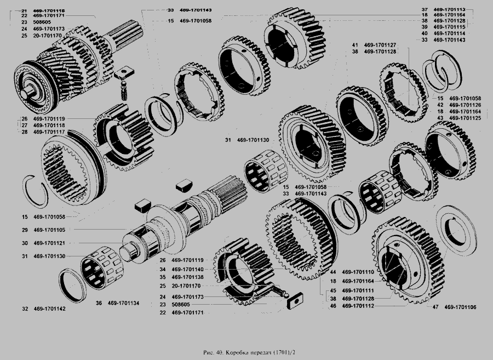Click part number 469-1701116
49,11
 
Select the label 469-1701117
49,132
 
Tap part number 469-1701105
49,230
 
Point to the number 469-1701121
49,243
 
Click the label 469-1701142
50,308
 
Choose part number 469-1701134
124,303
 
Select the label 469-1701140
187,270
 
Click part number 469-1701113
449,9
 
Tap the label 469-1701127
380,45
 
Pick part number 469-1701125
465,118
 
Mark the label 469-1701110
358,272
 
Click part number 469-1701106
460,307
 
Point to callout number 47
435,307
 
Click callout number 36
99,303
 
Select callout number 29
25,230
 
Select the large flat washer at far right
456,230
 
